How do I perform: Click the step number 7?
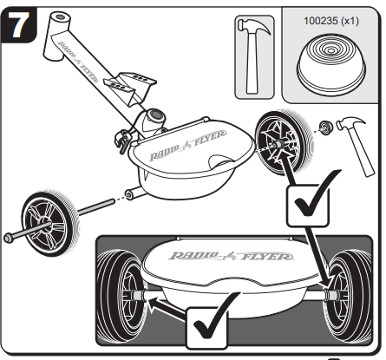point(19,25)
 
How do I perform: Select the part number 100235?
point(321,21)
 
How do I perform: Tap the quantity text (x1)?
point(350,21)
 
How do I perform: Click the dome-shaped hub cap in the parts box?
point(331,62)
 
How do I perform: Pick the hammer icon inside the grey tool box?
point(253,56)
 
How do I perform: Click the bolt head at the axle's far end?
point(9,238)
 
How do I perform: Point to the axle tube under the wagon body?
point(134,193)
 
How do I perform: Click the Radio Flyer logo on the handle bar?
point(78,62)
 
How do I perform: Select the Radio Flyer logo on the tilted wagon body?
point(188,145)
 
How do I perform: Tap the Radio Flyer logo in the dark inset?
point(231,256)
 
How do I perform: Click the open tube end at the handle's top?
point(61,17)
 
